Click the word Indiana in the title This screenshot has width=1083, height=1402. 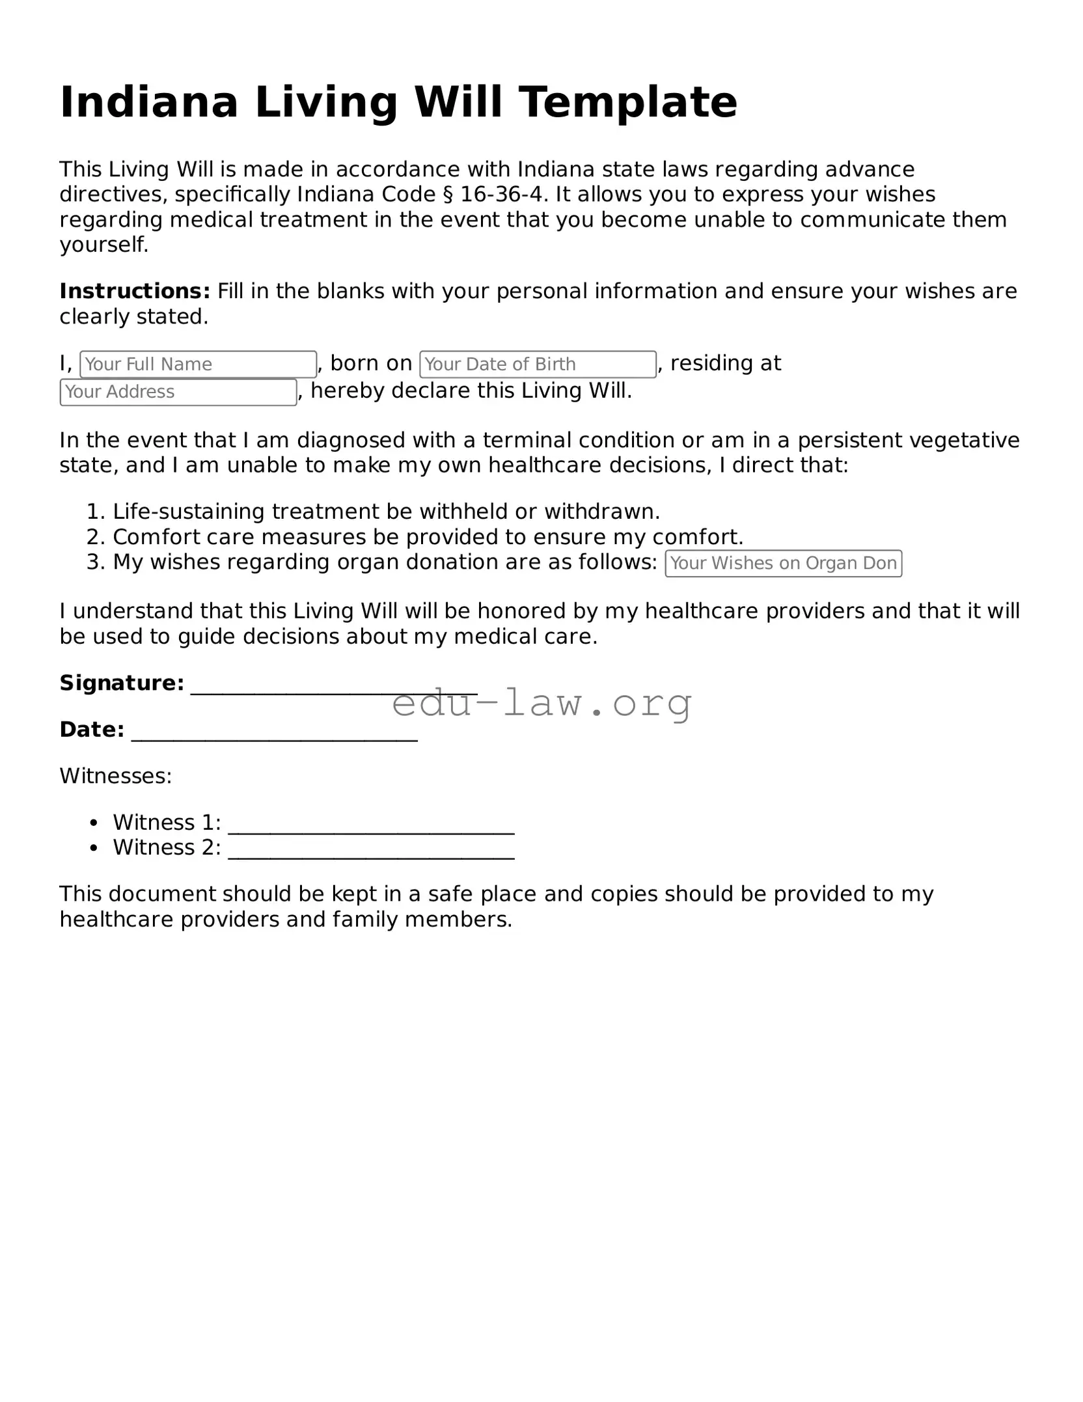tap(149, 102)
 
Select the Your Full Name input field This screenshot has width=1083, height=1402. tap(198, 364)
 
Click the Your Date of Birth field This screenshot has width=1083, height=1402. tap(538, 364)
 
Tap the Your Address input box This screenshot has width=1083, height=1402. tap(178, 392)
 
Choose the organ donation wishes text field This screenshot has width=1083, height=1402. tap(783, 564)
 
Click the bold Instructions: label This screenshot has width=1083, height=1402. tap(135, 291)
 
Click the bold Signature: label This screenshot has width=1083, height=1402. tap(122, 683)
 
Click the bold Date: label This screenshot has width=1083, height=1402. tap(92, 730)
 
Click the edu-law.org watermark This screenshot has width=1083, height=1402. tap(541, 703)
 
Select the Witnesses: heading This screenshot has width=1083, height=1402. tap(116, 776)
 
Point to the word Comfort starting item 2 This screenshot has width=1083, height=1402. tap(156, 537)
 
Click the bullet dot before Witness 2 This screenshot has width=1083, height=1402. tap(94, 848)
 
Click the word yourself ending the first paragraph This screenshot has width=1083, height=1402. tap(103, 245)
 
